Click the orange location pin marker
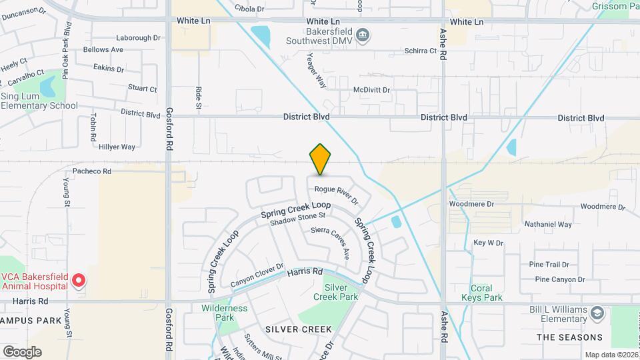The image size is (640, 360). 320,159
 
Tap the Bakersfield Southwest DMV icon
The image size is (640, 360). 363,35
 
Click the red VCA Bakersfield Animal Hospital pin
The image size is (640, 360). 79,280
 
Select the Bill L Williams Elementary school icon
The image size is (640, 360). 598,313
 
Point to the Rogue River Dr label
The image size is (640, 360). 337,194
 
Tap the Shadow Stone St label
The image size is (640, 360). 297,219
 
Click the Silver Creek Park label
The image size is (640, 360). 341,292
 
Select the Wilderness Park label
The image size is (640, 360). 224,313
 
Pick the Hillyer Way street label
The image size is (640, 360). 117,147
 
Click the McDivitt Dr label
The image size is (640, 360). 371,89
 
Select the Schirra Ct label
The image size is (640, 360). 420,51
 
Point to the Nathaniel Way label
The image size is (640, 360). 548,224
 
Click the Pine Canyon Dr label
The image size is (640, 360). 559,279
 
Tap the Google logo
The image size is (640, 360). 22,351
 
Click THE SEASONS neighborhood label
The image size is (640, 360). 570,337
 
